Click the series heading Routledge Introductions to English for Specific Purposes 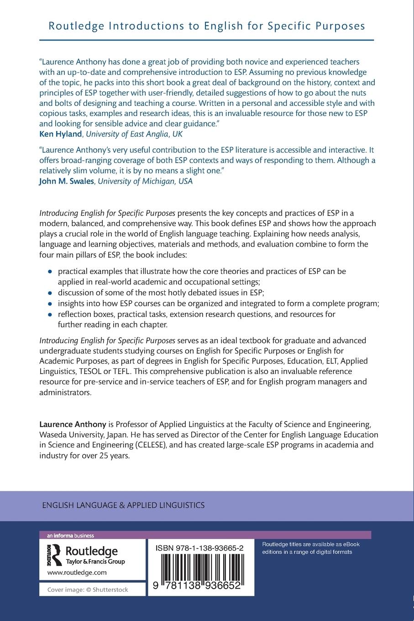click(207, 26)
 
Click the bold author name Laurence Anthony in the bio click(73, 424)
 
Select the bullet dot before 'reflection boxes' click(50, 315)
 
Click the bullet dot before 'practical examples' click(50, 272)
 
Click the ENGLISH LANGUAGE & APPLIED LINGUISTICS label click(123, 505)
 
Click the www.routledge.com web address click(77, 572)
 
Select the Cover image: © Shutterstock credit click(88, 589)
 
